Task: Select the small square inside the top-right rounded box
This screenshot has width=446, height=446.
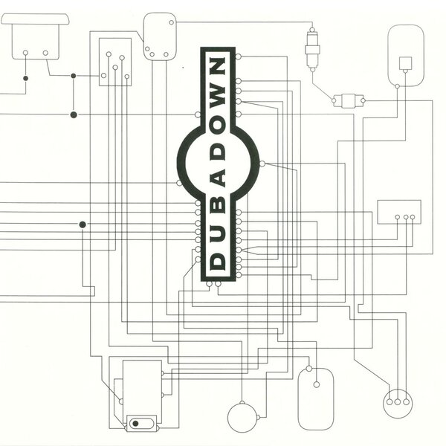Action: tap(405, 62)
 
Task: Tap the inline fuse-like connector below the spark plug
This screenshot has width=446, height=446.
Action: tap(346, 100)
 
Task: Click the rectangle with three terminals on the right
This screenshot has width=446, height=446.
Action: tap(399, 212)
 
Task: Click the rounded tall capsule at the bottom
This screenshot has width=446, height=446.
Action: tap(316, 398)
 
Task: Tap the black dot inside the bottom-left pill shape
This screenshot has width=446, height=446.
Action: tap(135, 424)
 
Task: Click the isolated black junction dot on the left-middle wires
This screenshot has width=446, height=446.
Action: tap(83, 224)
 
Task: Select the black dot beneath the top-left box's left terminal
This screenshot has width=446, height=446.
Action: tap(25, 77)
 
